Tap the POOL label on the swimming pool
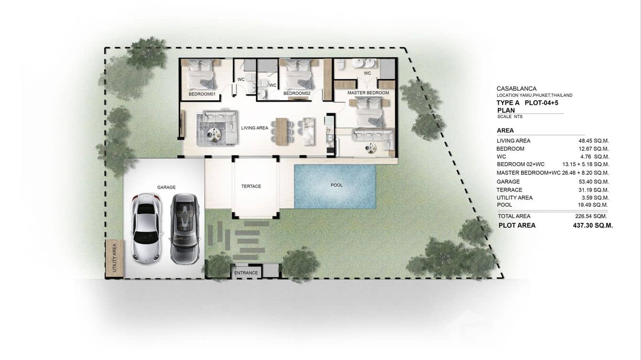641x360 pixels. pyautogui.click(x=337, y=185)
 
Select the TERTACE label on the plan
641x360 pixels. pyautogui.click(x=251, y=186)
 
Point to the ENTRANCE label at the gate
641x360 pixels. pyautogui.click(x=246, y=273)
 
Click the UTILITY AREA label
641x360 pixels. pyautogui.click(x=114, y=258)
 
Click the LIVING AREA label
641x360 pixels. pyautogui.click(x=255, y=127)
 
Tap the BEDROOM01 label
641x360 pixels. pyautogui.click(x=203, y=94)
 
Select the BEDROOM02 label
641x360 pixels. pyautogui.click(x=297, y=94)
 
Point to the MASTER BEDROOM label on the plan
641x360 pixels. pyautogui.click(x=368, y=93)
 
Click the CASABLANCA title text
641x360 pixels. pyautogui.click(x=516, y=88)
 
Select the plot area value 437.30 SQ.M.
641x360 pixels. pyautogui.click(x=592, y=225)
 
